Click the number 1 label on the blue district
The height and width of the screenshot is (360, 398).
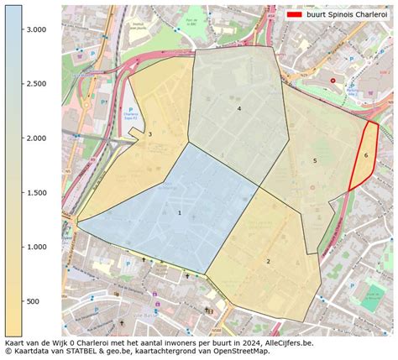[x=179, y=212]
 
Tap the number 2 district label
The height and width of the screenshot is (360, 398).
[x=269, y=261]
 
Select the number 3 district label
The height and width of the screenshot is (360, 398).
[x=150, y=134]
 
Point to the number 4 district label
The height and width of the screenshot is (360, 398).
[x=239, y=109]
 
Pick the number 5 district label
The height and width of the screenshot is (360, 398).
[x=315, y=160]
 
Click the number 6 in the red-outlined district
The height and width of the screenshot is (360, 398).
[x=366, y=155]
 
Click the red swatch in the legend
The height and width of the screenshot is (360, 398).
[x=295, y=15]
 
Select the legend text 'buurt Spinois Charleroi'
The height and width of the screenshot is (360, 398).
[x=346, y=15]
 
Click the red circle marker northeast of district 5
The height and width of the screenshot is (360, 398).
[x=333, y=80]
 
